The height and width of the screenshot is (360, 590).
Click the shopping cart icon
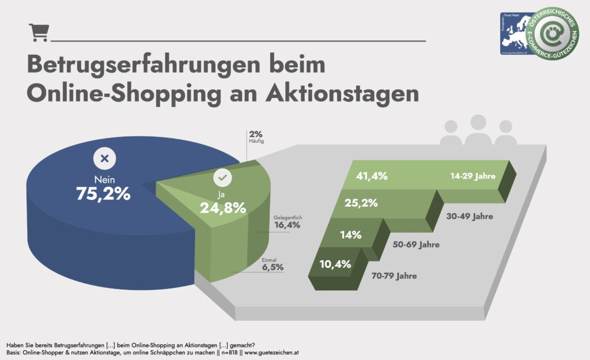pyautogui.click(x=39, y=33)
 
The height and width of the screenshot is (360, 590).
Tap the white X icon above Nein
pyautogui.click(x=104, y=158)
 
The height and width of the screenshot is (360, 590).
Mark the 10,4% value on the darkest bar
pyautogui.click(x=335, y=264)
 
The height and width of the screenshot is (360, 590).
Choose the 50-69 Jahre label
pyautogui.click(x=416, y=245)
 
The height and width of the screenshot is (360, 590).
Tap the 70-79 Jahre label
pyautogui.click(x=394, y=276)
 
